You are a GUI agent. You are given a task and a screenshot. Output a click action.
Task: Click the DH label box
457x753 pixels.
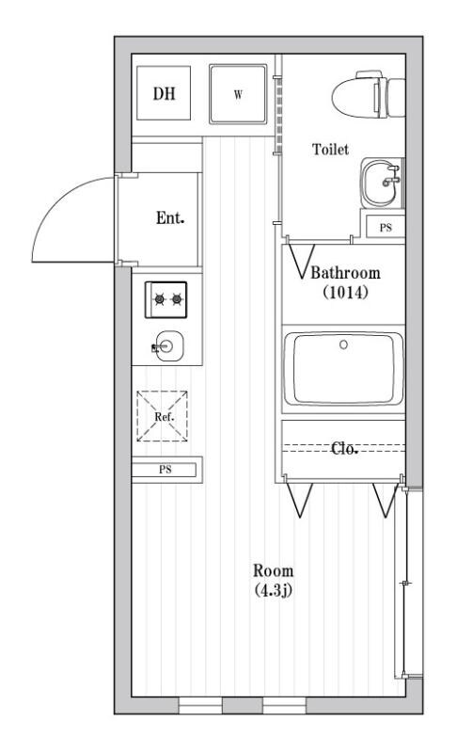164,92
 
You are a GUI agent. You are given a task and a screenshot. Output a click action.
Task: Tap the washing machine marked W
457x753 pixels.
238,94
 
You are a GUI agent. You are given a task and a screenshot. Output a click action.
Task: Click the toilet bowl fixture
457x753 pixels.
369,94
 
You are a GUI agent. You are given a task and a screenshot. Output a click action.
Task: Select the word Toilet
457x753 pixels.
330,150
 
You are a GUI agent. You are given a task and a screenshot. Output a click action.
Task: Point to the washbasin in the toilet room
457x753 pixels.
382,183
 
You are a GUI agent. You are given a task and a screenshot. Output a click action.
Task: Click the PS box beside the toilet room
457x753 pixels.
386,227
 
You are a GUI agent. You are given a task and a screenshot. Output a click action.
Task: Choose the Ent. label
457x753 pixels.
170,218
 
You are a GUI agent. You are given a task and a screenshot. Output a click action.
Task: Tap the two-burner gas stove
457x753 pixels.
165,299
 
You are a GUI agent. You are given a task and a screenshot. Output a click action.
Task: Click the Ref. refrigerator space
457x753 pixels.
162,416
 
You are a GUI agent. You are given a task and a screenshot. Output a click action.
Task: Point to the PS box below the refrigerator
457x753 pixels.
165,470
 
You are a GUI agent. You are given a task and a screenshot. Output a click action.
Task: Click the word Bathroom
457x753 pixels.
346,273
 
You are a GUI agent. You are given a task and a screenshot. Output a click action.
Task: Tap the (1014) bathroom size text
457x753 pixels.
345,292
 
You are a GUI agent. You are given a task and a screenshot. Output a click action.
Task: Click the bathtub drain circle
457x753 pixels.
343,344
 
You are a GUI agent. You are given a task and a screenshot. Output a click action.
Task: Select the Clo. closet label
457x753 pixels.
344,449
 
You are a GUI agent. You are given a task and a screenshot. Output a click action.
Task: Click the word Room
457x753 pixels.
273,571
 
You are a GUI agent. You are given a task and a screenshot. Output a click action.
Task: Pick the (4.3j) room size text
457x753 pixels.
273,590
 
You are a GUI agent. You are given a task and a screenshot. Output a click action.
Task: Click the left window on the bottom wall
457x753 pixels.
200,705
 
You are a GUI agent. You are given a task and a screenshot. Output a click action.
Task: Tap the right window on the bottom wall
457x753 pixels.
284,705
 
